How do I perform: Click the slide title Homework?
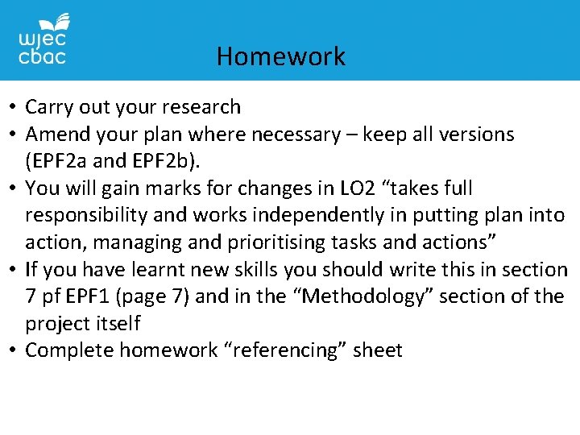(x=280, y=56)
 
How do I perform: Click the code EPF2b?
(x=162, y=161)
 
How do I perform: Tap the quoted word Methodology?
(x=333, y=296)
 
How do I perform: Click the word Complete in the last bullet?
(x=69, y=350)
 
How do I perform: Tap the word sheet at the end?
(x=378, y=350)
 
